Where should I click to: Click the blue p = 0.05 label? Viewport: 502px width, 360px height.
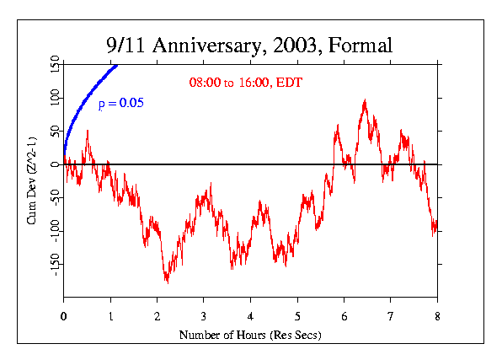(120, 104)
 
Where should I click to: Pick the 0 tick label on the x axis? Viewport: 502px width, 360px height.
(63, 317)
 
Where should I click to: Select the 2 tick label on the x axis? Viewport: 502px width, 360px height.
(157, 317)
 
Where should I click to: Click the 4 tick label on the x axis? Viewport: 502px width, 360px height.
(250, 317)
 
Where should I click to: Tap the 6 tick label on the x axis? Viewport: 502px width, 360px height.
(344, 317)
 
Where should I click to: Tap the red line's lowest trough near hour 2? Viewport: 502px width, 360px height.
(167, 282)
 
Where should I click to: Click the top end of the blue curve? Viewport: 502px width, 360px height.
(117, 65)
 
